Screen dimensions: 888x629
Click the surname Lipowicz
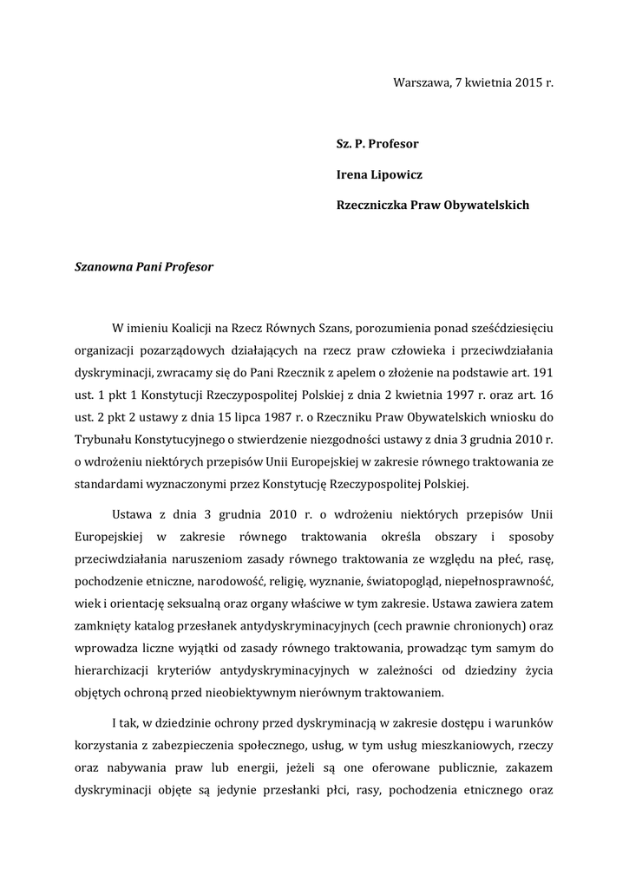397,174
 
